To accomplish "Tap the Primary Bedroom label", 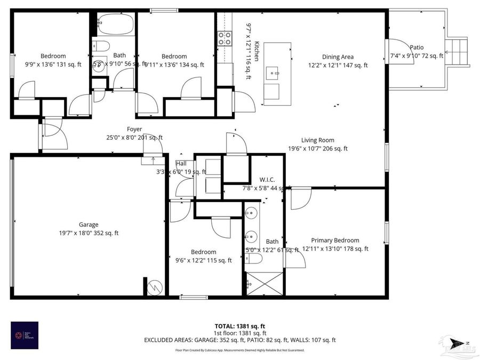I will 335,241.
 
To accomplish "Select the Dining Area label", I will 338,57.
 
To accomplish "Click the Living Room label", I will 317,140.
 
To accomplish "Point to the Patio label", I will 416,47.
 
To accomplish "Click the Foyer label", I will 134,129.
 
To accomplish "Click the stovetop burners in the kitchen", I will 225,38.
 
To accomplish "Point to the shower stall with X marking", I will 265,283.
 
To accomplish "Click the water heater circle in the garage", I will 155,287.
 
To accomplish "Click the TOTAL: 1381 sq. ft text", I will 239,325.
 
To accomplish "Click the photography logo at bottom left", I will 25,335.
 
